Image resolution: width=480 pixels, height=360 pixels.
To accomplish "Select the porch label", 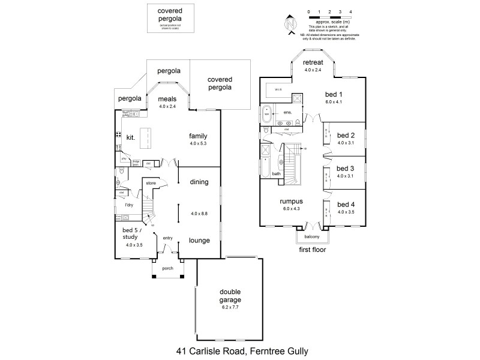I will pyautogui.click(x=167, y=268).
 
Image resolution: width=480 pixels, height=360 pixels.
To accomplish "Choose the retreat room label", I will pyautogui.click(x=313, y=63).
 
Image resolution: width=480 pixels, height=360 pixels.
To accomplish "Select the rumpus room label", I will pyautogui.click(x=291, y=202).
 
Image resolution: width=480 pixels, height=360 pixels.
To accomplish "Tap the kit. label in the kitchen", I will pyautogui.click(x=131, y=137).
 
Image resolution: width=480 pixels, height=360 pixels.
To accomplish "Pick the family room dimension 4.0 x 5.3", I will pyautogui.click(x=198, y=143).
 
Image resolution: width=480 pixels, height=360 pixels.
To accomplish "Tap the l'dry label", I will pyautogui.click(x=128, y=205).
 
